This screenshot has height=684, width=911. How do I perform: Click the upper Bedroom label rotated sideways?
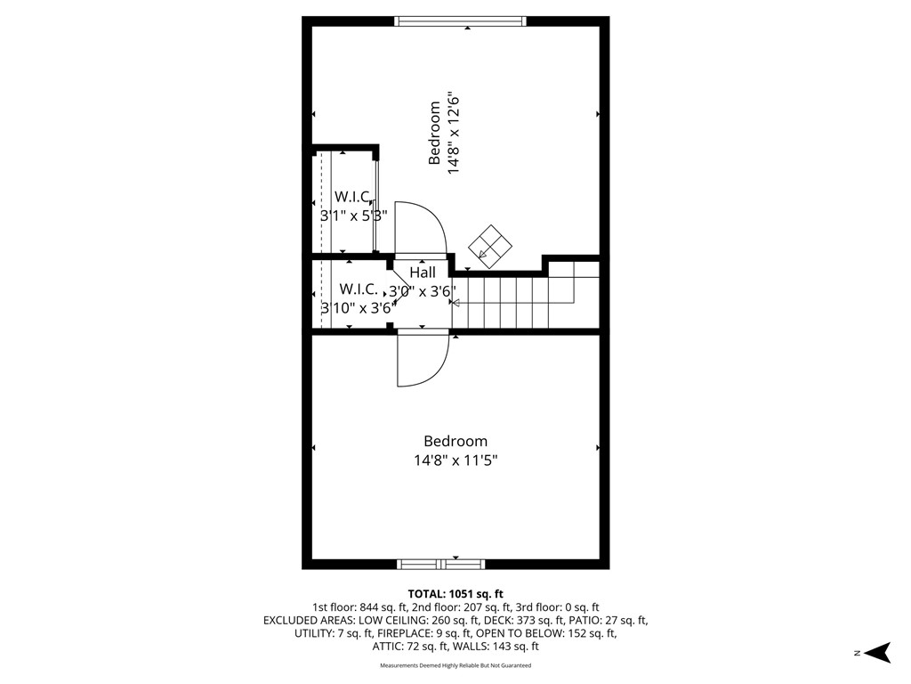pos(435,134)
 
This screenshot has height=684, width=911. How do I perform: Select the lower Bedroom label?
pos(455,441)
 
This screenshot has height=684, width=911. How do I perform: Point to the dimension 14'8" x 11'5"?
pos(455,460)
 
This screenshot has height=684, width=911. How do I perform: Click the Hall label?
pos(423,273)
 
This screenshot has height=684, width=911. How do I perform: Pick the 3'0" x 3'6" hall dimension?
pos(423,291)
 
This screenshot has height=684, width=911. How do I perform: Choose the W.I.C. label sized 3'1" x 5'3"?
pos(352,196)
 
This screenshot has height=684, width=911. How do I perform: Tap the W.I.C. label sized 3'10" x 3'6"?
pos(359,289)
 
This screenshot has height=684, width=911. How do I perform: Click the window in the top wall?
pos(460,20)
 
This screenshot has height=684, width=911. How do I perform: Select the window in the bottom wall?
pos(440,564)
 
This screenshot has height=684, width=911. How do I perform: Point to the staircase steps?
pos(516,301)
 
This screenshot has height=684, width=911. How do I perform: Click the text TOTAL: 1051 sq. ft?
pos(455,593)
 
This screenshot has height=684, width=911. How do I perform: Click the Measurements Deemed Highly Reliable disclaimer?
pos(455,665)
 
